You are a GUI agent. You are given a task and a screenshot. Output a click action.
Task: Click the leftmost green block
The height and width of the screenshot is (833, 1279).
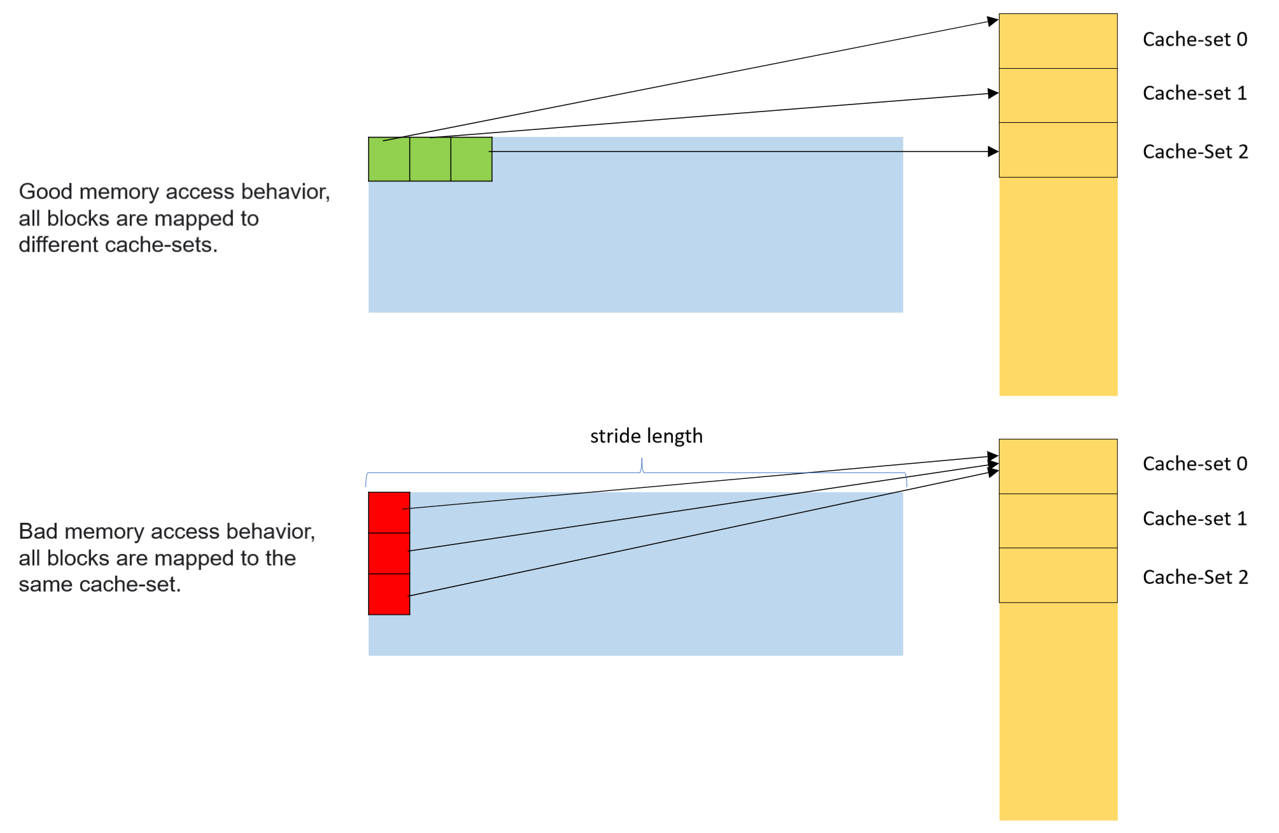(x=388, y=160)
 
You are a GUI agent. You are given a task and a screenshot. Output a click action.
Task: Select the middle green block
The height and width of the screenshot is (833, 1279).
(x=430, y=160)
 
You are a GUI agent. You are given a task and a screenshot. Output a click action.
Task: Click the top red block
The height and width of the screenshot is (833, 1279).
(x=389, y=513)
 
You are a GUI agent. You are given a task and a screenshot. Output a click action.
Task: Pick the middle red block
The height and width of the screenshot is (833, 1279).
(x=389, y=553)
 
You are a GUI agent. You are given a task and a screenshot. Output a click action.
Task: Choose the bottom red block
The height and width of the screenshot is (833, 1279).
(x=389, y=594)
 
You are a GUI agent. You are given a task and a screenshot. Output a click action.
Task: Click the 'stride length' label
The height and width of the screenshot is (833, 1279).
(x=646, y=436)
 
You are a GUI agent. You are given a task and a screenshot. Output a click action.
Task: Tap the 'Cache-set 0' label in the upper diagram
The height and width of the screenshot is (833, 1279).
(x=1194, y=39)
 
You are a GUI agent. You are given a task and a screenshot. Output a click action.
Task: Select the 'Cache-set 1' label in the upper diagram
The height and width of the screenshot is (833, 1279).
(x=1194, y=94)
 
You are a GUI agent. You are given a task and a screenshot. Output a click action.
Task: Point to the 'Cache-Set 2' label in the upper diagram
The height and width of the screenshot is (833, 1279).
(x=1195, y=152)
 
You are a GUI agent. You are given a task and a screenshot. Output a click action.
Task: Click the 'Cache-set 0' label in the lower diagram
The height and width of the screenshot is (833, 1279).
(x=1194, y=464)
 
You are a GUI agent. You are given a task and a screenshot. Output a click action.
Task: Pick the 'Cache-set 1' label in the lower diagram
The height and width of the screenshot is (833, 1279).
(x=1194, y=518)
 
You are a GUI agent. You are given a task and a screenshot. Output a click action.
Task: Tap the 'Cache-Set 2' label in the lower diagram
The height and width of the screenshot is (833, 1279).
(x=1195, y=577)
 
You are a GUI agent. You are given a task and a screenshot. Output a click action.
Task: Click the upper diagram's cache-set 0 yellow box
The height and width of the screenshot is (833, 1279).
(x=1057, y=41)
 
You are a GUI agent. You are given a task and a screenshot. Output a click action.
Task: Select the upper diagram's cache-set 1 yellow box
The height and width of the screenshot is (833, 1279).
(x=1057, y=96)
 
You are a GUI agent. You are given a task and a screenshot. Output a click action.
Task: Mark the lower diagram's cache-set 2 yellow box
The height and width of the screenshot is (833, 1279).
(x=1057, y=575)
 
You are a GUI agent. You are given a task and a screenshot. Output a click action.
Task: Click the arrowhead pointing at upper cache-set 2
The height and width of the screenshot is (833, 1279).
(x=993, y=152)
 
